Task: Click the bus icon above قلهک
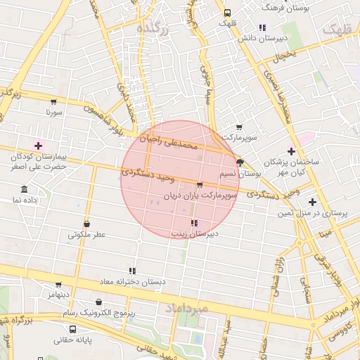(x=226, y=13)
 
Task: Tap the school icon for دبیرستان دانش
(x=262, y=28)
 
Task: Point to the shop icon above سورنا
(x=54, y=102)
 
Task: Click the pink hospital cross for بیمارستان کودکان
(x=38, y=145)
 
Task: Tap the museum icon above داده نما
(x=25, y=190)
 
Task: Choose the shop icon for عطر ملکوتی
(x=86, y=224)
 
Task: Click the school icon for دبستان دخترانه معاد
(x=131, y=271)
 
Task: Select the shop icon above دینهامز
(x=58, y=285)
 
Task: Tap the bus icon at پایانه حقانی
(x=72, y=328)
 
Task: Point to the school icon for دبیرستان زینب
(x=194, y=222)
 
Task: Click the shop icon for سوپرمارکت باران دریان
(x=200, y=186)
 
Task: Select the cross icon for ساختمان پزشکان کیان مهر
(x=292, y=151)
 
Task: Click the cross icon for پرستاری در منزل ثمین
(x=312, y=202)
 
